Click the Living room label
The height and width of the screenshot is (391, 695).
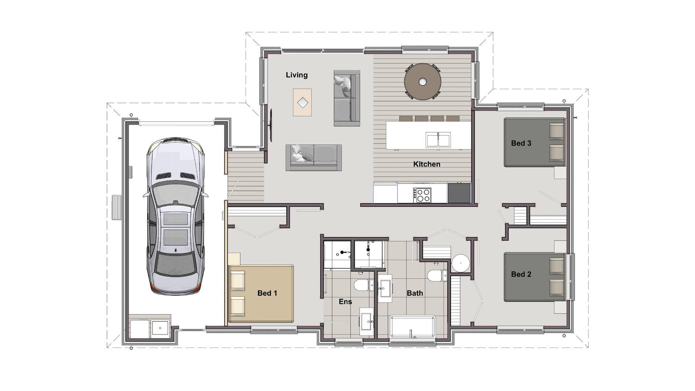(296, 75)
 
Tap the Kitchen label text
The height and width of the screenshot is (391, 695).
(427, 164)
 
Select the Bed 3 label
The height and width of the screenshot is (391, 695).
(521, 143)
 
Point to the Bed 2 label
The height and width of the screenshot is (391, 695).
(521, 274)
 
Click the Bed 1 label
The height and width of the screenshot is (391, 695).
(267, 293)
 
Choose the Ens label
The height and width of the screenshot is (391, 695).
(345, 302)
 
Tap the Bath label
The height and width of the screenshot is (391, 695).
(415, 293)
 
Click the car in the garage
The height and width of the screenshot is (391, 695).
(176, 216)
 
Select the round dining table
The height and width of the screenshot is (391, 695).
(422, 82)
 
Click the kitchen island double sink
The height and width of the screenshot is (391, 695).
(438, 140)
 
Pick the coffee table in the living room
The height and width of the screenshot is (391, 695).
(302, 102)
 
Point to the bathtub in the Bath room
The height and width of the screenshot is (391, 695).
(412, 327)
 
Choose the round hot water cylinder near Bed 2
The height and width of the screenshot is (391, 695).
(460, 263)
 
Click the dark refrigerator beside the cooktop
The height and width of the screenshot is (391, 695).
(459, 193)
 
